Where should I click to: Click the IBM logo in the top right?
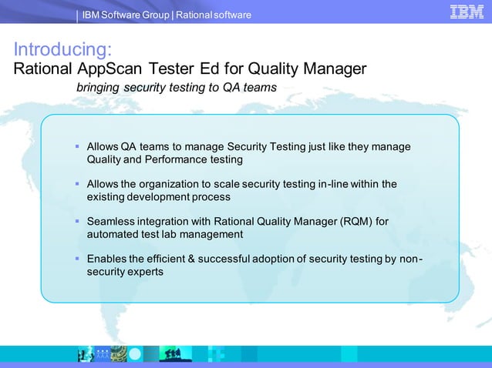466,12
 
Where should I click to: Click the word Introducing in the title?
63,50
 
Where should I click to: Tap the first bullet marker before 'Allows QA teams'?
77,146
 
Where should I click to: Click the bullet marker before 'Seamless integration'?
77,221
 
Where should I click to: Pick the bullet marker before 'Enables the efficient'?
77,259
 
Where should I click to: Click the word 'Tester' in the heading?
170,69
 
